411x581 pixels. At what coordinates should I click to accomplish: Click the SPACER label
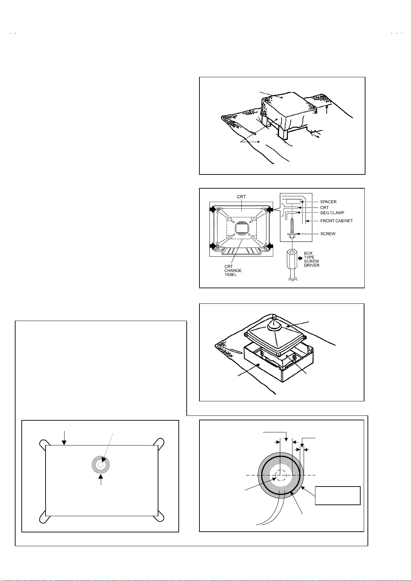click(328, 202)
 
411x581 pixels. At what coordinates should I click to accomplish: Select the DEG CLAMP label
click(332, 213)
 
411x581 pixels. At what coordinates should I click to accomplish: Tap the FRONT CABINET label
click(336, 221)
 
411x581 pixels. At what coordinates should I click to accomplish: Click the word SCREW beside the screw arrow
click(328, 234)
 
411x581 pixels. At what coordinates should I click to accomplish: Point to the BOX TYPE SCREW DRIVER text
click(312, 259)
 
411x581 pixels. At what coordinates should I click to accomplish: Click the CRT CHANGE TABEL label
click(233, 271)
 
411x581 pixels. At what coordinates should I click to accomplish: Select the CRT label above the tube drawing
click(241, 197)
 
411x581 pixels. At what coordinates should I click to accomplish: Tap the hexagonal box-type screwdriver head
click(292, 258)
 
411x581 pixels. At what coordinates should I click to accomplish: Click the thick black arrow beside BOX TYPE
click(300, 258)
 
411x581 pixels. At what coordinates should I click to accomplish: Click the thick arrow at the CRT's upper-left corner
click(213, 209)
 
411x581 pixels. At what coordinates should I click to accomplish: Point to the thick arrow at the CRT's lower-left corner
click(213, 246)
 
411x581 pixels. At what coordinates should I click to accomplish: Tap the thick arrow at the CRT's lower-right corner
click(270, 246)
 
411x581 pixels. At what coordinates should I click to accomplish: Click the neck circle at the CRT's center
click(242, 228)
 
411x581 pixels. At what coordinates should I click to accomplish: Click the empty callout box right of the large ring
click(337, 496)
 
